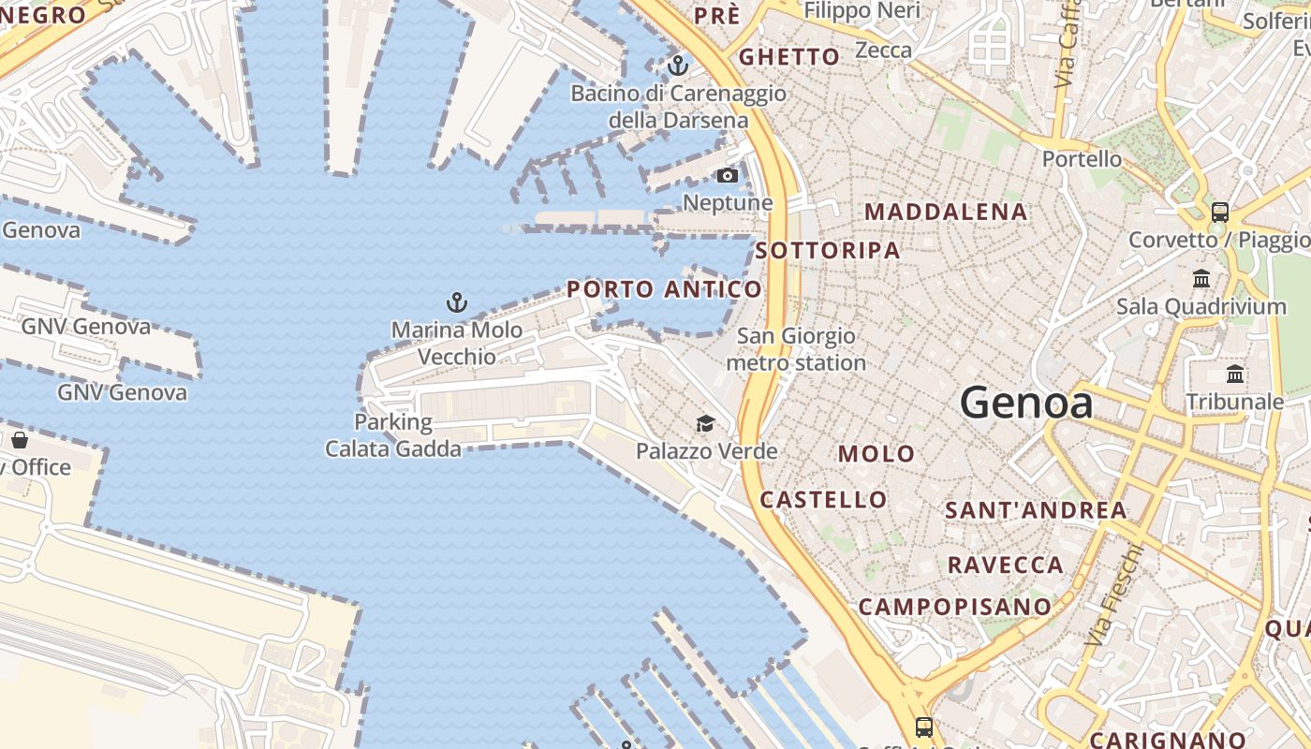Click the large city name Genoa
point(1026,403)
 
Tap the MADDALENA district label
point(946,212)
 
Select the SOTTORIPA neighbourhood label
point(828,250)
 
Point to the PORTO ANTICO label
point(664,289)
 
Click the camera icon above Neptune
point(727,175)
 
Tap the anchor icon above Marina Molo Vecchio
point(457,301)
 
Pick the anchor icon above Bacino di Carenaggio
point(677,66)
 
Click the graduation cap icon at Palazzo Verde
point(705,424)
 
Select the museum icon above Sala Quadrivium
point(1201,278)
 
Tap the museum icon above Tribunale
point(1235,374)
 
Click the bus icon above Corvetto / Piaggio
point(1219,212)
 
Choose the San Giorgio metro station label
point(796,349)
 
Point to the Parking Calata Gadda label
point(393,435)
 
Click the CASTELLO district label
point(823,500)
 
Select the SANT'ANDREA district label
point(1036,510)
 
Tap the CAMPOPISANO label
point(955,607)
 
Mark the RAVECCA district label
point(1006,565)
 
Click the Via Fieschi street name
point(1114,595)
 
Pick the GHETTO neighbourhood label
point(789,57)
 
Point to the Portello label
point(1082,159)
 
